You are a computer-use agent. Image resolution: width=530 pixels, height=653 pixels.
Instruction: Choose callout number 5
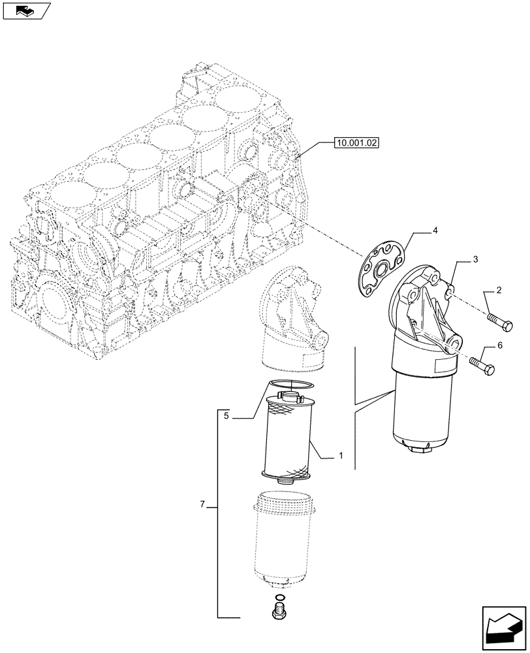tap(226, 415)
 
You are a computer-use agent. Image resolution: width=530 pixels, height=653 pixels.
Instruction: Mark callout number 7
tap(203, 505)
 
